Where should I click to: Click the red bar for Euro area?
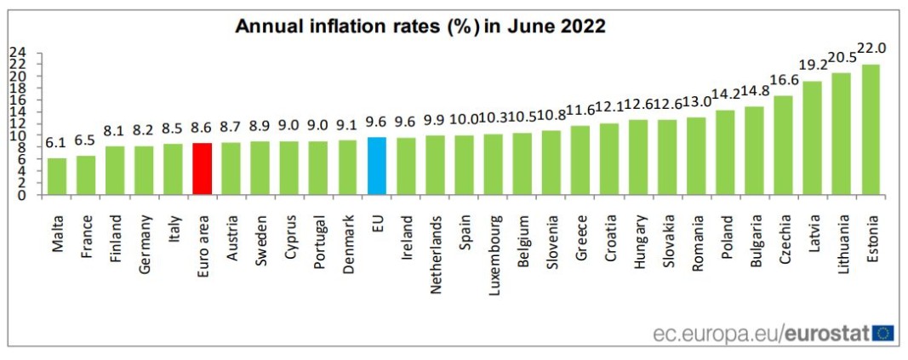coord(203,169)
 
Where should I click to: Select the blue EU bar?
coord(377,166)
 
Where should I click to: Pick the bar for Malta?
coord(57,176)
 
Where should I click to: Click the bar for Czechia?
coord(783,146)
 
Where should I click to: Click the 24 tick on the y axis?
coord(17,52)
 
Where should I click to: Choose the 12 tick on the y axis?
coord(17,123)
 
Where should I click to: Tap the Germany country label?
coord(145,243)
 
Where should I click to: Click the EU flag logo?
coord(882,334)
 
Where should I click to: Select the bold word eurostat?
coord(825,334)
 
